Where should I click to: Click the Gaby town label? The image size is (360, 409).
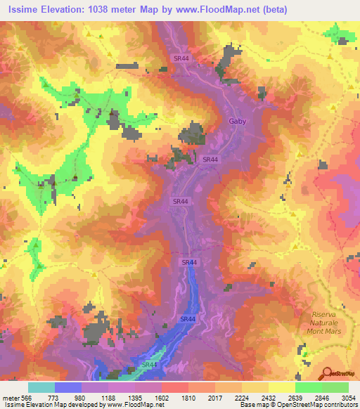(x=238, y=121)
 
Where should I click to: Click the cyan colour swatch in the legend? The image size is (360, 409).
(x=41, y=387)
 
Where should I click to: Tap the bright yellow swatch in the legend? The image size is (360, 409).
(x=281, y=387)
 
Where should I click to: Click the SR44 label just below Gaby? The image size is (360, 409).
(x=210, y=160)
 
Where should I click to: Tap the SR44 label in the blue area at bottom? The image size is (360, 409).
(x=148, y=365)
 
